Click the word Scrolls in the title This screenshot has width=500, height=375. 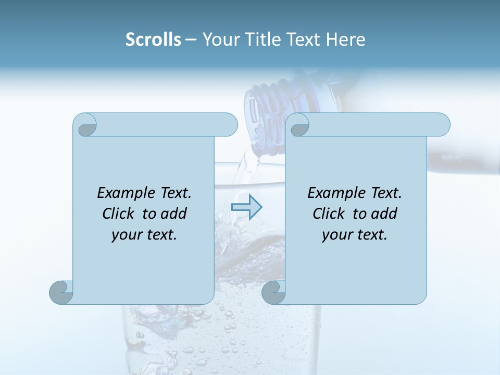tap(153, 40)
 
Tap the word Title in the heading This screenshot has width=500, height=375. tap(262, 40)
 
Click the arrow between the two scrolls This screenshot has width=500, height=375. tap(246, 207)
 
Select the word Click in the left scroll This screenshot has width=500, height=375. tap(119, 214)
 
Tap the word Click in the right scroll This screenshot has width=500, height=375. tap(329, 214)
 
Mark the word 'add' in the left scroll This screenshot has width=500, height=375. tap(173, 214)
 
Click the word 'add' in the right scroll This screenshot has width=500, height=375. tap(384, 214)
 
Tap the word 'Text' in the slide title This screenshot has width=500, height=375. tap(303, 40)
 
